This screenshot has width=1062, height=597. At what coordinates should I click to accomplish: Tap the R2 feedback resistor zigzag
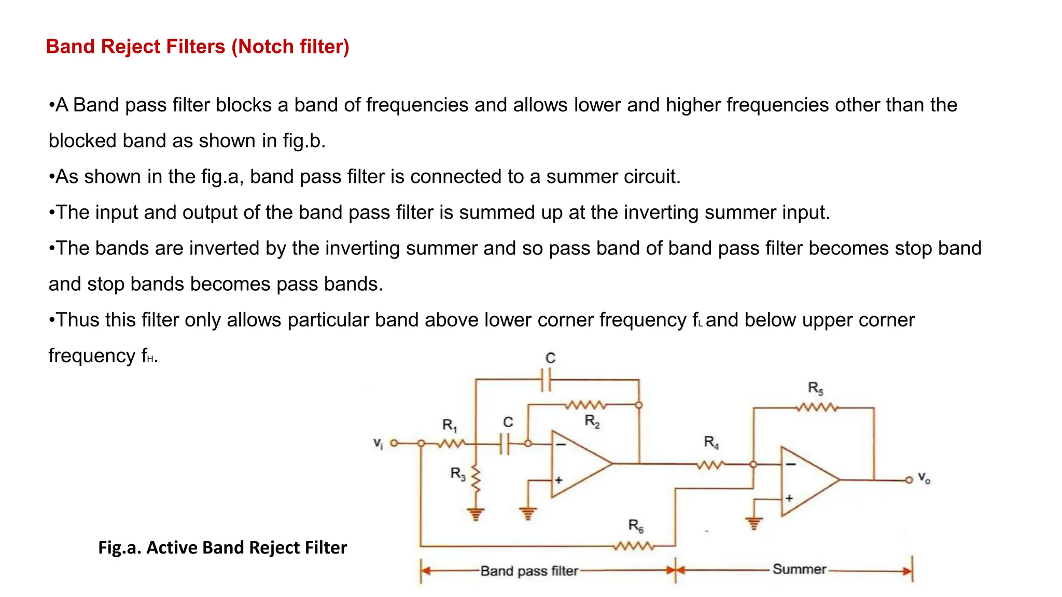[585, 405]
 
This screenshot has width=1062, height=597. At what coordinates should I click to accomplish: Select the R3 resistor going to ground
[476, 479]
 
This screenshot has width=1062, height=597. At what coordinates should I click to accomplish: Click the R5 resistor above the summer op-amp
[816, 408]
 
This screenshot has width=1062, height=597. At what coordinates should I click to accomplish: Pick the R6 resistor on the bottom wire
[634, 546]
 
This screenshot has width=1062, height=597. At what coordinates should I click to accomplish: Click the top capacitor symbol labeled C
[546, 380]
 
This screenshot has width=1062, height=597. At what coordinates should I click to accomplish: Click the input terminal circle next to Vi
[394, 443]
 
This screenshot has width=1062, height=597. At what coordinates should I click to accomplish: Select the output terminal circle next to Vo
[909, 480]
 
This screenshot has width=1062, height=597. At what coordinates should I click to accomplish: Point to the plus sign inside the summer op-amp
[789, 499]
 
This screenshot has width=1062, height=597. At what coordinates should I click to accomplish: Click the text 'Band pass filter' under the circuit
[528, 571]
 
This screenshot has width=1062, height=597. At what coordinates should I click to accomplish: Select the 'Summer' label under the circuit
[799, 570]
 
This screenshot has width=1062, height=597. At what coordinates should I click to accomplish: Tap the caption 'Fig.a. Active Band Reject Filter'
[222, 548]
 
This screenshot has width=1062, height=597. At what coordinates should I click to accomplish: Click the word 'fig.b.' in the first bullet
[304, 141]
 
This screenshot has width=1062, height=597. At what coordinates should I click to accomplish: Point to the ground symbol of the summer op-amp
[753, 523]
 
